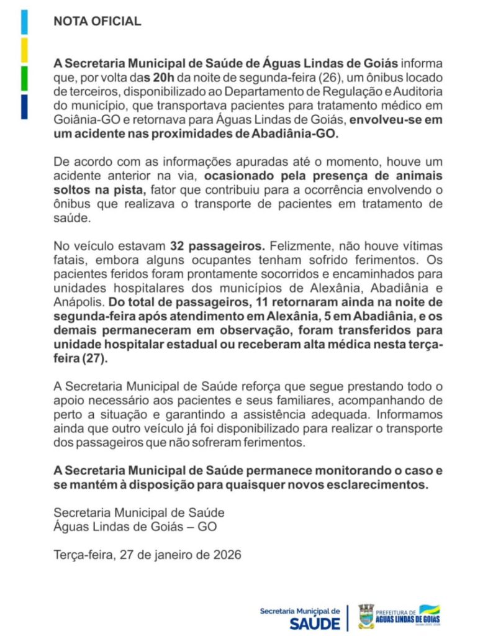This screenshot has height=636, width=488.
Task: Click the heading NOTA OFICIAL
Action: (97, 21)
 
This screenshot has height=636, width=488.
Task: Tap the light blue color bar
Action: (24, 22)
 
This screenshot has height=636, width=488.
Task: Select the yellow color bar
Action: (24, 50)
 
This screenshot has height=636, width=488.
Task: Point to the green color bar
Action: (24, 78)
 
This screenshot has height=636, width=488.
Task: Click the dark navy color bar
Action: (24, 106)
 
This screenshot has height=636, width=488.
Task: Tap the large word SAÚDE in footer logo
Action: (315, 623)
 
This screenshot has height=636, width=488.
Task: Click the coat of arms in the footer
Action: (366, 616)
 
